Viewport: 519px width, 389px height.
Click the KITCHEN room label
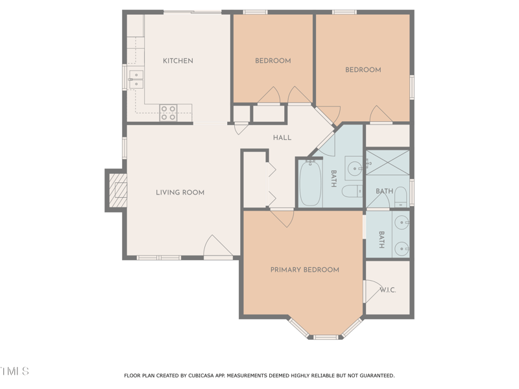(178, 61)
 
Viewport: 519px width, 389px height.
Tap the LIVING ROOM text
(180, 193)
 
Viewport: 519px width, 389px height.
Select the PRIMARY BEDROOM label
(304, 270)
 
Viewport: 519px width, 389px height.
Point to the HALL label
(282, 137)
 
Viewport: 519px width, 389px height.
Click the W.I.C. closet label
(388, 290)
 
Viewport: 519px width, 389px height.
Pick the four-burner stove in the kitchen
(168, 113)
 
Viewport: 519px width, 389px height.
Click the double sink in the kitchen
(136, 79)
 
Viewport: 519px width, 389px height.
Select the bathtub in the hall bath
(309, 183)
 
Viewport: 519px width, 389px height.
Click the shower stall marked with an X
(387, 162)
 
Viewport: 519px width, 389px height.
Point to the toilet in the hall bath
(351, 191)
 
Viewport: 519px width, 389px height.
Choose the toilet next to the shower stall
(400, 196)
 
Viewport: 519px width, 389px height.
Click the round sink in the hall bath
(355, 168)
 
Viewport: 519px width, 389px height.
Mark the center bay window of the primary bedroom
(326, 336)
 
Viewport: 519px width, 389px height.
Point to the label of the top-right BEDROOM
(363, 70)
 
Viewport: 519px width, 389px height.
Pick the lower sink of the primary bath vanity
(402, 246)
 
